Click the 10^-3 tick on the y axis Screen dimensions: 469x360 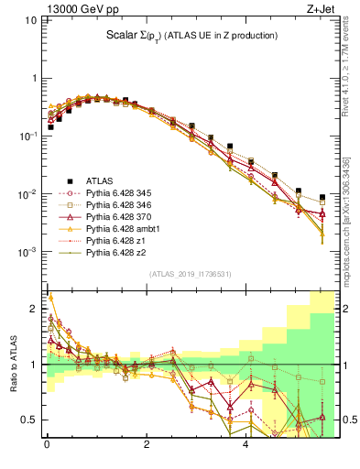(x=27, y=252)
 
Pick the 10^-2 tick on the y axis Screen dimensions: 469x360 (x=27, y=194)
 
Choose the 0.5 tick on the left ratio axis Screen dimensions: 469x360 (x=30, y=420)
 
